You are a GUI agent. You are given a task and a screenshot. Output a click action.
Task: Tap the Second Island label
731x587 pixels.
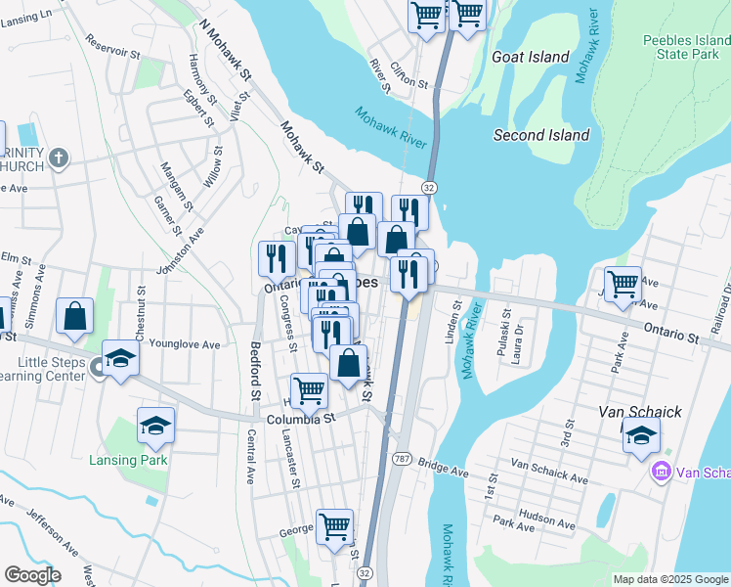[x=541, y=135]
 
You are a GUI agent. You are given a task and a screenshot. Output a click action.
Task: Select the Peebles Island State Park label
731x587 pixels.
[x=682, y=48]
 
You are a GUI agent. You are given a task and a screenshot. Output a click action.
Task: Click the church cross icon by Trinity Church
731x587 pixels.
[x=59, y=157]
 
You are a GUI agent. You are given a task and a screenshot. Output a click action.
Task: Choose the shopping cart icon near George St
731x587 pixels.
[x=334, y=525]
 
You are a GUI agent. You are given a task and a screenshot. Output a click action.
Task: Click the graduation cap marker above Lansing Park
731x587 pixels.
[x=155, y=425]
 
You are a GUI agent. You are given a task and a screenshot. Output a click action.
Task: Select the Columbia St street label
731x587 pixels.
[x=302, y=417]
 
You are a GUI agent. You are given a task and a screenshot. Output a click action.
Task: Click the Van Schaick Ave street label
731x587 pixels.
[x=548, y=473]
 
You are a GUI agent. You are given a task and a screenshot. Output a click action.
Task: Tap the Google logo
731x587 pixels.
[x=32, y=575]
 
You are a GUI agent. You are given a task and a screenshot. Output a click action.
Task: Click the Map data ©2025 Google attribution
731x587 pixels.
[x=669, y=579]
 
